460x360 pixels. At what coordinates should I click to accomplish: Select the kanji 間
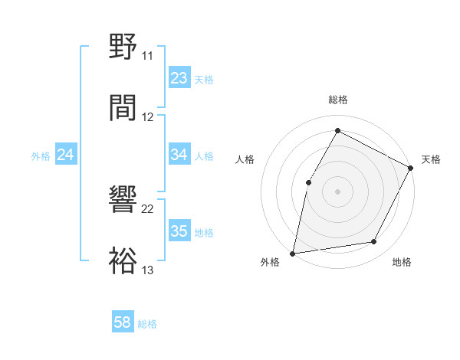click(x=123, y=108)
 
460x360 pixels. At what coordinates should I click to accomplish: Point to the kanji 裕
click(x=123, y=261)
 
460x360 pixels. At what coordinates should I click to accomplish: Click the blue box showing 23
click(x=179, y=77)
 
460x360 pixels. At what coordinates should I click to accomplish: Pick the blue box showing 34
click(x=179, y=155)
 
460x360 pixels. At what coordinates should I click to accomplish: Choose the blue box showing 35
click(x=179, y=231)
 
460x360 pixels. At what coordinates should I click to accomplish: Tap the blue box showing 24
click(x=65, y=155)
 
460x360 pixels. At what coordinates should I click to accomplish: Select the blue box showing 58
click(x=122, y=322)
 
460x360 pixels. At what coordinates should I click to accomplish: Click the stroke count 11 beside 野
click(x=148, y=56)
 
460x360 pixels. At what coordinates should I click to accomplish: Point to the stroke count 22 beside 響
click(x=148, y=208)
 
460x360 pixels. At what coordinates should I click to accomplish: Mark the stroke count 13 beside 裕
click(x=148, y=270)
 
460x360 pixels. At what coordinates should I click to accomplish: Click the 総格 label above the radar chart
click(x=338, y=100)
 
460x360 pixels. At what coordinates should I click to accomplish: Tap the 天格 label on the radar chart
click(x=431, y=159)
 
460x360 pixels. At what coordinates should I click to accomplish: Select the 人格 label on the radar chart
click(x=245, y=159)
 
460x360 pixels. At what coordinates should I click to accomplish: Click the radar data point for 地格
click(x=374, y=242)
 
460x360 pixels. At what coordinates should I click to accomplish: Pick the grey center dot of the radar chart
click(x=337, y=191)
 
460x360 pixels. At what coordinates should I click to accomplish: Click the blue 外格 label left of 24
click(x=41, y=155)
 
